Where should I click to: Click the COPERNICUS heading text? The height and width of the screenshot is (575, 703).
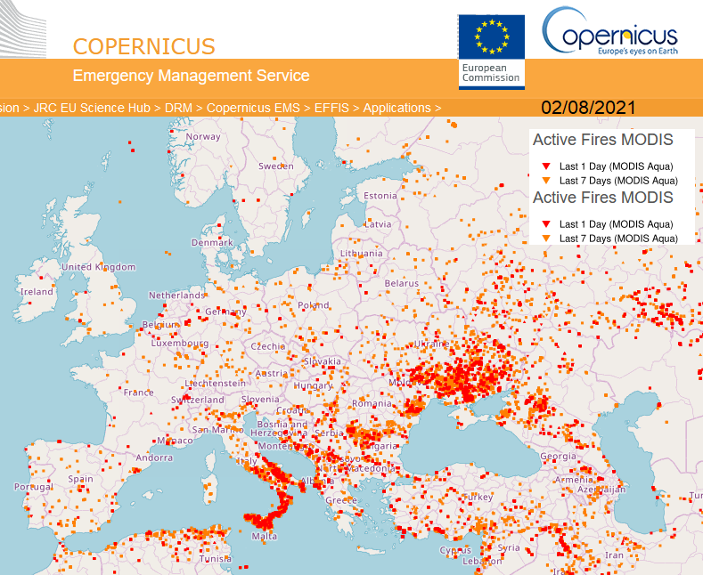point(143,46)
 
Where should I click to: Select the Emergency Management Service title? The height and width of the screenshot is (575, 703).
point(191,77)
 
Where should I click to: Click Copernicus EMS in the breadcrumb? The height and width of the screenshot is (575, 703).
point(253,108)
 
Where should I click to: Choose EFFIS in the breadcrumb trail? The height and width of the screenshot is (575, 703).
point(331,108)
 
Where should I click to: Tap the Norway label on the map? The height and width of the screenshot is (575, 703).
point(203,136)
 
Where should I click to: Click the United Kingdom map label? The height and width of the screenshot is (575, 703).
point(98,267)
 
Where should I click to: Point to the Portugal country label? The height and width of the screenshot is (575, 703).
point(34,487)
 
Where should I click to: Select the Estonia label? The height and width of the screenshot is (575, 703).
point(380,196)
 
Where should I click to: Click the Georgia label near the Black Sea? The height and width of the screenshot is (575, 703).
point(558,457)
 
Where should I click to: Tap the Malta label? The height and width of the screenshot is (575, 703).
point(265,537)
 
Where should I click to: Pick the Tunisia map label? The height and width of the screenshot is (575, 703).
point(215,559)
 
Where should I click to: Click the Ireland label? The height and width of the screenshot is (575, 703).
point(37,291)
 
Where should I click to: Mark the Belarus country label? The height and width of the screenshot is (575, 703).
point(401,283)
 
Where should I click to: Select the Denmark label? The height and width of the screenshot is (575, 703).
point(212,242)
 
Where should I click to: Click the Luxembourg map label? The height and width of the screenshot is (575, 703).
point(180,343)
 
